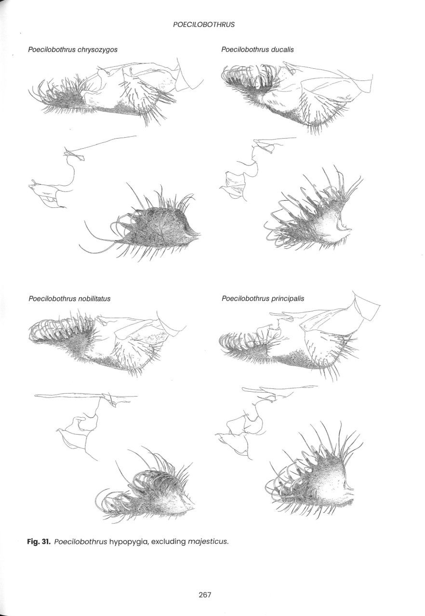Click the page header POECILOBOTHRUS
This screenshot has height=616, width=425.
click(204, 25)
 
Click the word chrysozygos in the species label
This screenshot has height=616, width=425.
click(97, 50)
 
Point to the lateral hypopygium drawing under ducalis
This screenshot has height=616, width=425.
click(297, 96)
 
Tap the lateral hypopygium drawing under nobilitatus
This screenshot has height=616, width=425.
click(107, 343)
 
